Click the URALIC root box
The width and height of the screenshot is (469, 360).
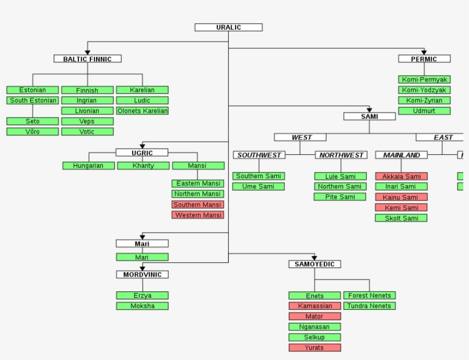click(228, 27)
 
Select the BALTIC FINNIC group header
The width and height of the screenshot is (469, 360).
click(88, 59)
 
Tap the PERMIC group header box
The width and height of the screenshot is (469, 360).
click(424, 59)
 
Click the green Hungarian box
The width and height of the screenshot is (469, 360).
click(88, 166)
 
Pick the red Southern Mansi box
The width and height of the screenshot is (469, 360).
click(197, 205)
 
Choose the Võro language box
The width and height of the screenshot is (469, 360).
click(33, 131)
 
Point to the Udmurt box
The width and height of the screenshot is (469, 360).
click(424, 111)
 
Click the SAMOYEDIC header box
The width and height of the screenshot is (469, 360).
click(315, 264)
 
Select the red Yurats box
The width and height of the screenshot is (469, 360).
click(314, 347)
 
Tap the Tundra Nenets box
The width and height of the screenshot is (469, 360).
click(369, 306)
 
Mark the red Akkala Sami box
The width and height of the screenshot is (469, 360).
click(401, 177)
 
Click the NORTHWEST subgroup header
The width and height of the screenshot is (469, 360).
click(341, 155)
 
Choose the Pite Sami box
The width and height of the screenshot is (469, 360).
click(340, 197)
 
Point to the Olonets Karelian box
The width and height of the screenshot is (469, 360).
click(142, 111)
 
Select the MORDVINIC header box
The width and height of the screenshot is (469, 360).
click(142, 275)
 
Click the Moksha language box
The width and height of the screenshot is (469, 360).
click(142, 306)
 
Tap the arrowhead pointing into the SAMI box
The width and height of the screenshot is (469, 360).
click(369, 109)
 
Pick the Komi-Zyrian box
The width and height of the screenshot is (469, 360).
click(424, 101)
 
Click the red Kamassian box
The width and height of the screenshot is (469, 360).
click(314, 306)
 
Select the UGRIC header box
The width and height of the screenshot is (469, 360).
click(142, 153)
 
